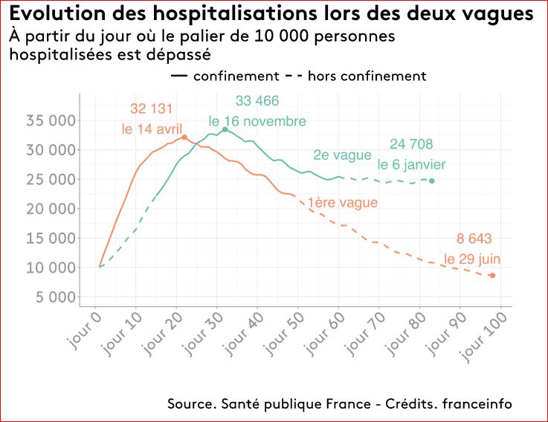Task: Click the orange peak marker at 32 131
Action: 184,137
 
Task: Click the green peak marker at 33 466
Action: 225,129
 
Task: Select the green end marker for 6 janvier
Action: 432,181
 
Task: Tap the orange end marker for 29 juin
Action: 492,276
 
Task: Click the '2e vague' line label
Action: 342,155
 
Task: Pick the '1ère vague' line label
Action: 342,202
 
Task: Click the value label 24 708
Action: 411,144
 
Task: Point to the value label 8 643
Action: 474,238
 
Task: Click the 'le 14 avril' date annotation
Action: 152,129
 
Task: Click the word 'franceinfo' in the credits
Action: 477,403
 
